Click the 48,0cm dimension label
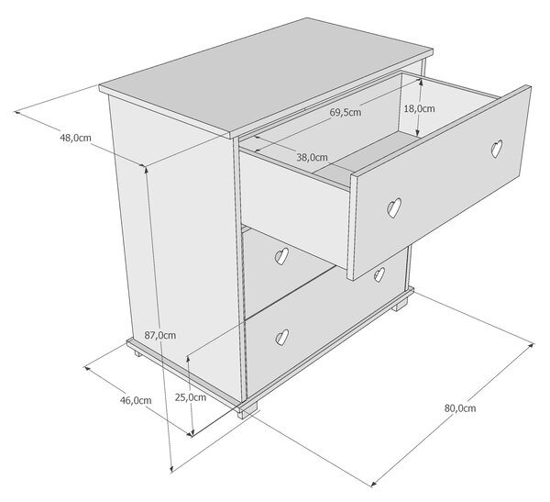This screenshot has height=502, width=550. [x=75, y=138]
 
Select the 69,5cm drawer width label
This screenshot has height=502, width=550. [x=346, y=112]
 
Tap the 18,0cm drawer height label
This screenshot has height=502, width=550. [x=419, y=108]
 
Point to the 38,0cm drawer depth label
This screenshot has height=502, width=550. [x=312, y=157]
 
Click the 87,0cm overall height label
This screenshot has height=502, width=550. [x=160, y=335]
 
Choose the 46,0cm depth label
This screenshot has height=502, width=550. [x=136, y=400]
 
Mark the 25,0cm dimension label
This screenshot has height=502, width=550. [x=191, y=397]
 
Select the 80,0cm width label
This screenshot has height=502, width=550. [x=460, y=408]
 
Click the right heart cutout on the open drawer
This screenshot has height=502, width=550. [x=496, y=149]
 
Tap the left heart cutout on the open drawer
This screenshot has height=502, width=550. [x=394, y=208]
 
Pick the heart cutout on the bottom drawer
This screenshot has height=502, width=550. [x=282, y=337]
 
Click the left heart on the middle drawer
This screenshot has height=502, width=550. [x=281, y=256]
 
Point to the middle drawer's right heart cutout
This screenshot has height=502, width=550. [x=379, y=274]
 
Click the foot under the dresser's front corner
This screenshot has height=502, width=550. [x=247, y=410]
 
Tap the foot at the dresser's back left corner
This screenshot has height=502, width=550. [x=138, y=353]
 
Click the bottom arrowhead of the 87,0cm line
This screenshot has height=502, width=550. [x=171, y=468]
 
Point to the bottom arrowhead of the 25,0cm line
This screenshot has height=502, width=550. [x=192, y=433]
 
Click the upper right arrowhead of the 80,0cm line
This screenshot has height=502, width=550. [x=531, y=345]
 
